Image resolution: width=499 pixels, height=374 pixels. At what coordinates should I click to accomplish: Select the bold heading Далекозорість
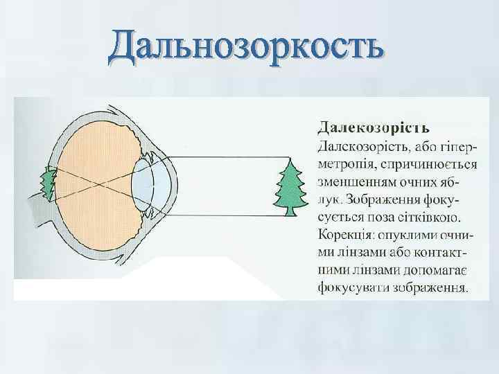tap(373, 127)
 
